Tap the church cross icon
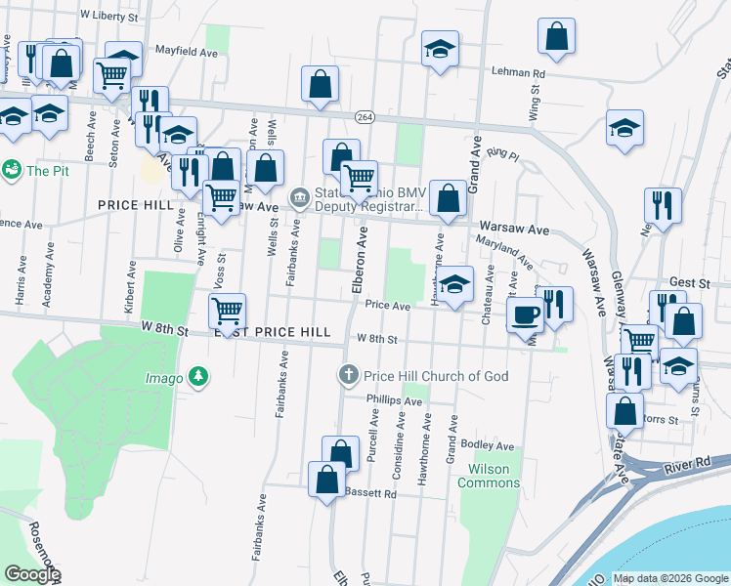click(347, 375)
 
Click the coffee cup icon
click(525, 314)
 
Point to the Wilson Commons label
click(483, 476)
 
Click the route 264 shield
click(365, 116)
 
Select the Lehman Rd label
click(517, 73)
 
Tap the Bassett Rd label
click(371, 494)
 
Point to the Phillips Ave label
click(394, 400)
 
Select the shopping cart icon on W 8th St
click(228, 311)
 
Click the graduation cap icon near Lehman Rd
click(441, 47)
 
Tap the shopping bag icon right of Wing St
click(555, 34)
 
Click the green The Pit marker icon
click(13, 170)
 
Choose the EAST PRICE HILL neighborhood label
click(273, 333)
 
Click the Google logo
click(32, 574)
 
